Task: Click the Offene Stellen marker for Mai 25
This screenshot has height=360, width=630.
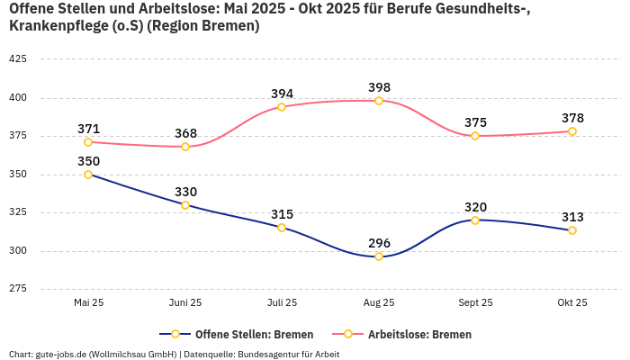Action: tap(88, 175)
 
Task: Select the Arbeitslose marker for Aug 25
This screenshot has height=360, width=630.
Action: tap(379, 101)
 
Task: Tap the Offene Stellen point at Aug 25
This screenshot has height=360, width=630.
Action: tap(379, 256)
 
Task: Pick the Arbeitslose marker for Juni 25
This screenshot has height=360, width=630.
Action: tap(185, 147)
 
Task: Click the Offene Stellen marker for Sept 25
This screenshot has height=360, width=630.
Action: tap(475, 220)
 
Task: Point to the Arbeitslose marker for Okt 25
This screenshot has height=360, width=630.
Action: tap(572, 131)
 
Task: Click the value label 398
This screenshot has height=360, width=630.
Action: tap(379, 87)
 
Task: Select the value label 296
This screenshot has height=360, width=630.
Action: tap(379, 243)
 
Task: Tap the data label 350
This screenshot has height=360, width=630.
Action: tap(88, 161)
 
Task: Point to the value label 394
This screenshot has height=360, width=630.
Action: tap(282, 94)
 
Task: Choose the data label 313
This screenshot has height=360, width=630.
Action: tap(572, 217)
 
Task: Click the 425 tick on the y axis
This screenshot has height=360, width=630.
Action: tap(17, 59)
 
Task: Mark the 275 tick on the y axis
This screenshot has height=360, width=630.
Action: tap(17, 289)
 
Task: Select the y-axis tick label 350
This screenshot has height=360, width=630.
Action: tap(17, 175)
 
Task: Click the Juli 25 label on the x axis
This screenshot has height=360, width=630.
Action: tap(282, 303)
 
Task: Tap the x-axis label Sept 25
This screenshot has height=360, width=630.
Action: tap(475, 303)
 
